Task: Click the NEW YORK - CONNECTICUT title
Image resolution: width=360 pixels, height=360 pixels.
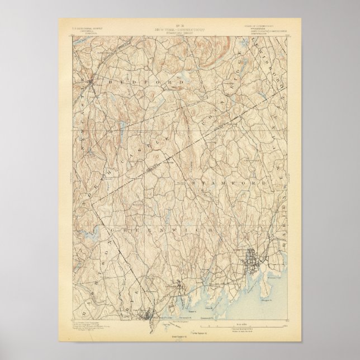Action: click(x=180, y=25)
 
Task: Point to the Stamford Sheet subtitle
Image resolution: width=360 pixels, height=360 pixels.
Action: click(x=180, y=29)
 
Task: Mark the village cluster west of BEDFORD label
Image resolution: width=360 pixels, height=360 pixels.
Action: click(x=92, y=84)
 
